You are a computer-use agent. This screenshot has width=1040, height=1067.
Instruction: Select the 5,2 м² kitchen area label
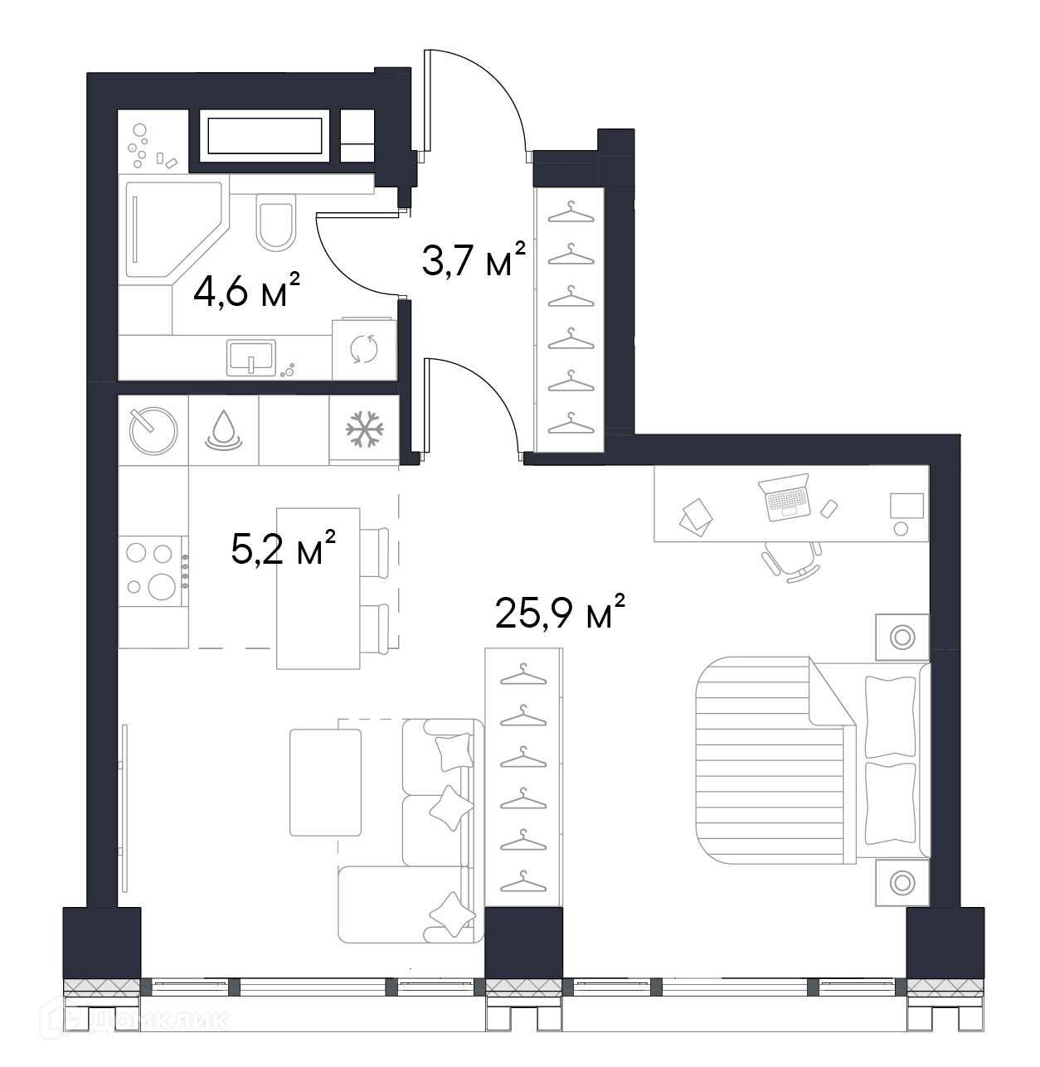[x=283, y=546]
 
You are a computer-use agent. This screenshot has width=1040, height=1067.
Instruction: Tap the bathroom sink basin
[x=251, y=357]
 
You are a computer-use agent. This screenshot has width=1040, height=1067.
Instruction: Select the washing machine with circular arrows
[x=364, y=349]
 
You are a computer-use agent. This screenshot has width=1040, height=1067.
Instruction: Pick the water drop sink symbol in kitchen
[x=224, y=430]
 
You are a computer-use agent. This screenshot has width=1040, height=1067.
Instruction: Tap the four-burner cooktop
[x=153, y=570]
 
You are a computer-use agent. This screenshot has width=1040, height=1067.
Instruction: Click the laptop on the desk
[x=784, y=497]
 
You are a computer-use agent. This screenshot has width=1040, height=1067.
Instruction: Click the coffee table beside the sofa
[x=325, y=783]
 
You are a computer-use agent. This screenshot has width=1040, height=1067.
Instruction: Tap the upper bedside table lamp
[x=902, y=637]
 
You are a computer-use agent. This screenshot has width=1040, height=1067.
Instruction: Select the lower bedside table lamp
[x=902, y=883]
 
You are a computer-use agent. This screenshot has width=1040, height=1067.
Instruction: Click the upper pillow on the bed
[x=890, y=717]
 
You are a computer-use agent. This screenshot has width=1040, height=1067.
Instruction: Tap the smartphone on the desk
[x=829, y=509]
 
